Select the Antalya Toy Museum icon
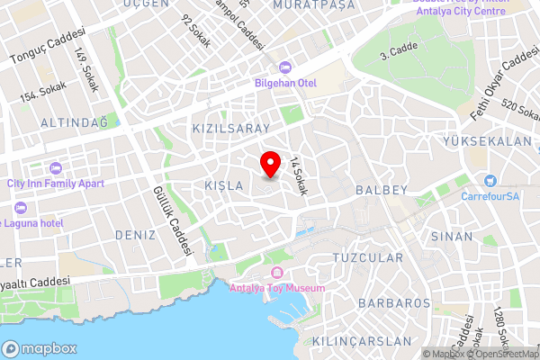coord(275,273)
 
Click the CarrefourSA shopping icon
coord(490,181)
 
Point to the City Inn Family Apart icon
coord(55,168)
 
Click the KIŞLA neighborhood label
coord(224,185)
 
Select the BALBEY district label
coord(382,190)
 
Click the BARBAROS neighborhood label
coord(394,302)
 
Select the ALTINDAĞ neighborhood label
coord(74,121)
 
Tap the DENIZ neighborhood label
coord(135,234)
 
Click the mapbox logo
coord(40,348)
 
